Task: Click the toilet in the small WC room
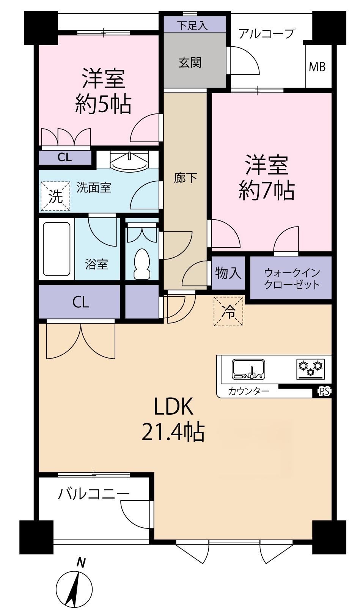[142, 264]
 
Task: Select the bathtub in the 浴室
[57, 249]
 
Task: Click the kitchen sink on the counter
[249, 369]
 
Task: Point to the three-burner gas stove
[311, 369]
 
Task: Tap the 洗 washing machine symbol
[55, 197]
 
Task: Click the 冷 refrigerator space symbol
[228, 311]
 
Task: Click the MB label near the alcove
[318, 67]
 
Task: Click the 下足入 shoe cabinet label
[192, 25]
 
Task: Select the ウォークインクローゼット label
[292, 279]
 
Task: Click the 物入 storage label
[228, 273]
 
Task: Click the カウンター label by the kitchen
[248, 391]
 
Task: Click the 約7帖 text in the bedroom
[267, 190]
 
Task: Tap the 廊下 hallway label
[186, 178]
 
